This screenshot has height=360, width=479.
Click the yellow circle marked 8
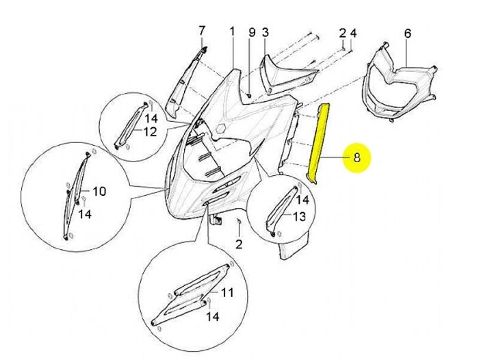357,157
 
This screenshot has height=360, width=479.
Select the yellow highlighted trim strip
318,144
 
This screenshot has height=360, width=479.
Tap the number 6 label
408,33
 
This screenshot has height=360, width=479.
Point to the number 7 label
202,31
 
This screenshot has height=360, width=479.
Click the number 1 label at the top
232,31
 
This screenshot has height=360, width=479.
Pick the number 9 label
252,32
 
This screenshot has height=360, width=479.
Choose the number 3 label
266,32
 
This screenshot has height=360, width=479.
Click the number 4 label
353,33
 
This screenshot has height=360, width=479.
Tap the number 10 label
99,192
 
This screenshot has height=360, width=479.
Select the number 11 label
227,292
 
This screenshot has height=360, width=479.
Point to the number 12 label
150,131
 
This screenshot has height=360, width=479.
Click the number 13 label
300,216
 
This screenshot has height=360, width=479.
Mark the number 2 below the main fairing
239,244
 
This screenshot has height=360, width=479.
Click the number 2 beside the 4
342,33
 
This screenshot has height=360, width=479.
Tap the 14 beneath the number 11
213,317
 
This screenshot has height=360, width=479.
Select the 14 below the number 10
85,214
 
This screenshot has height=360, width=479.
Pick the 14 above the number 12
151,118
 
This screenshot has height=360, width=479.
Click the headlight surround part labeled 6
400,82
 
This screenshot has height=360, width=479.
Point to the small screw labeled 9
248,96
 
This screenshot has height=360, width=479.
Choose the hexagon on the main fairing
220,128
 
